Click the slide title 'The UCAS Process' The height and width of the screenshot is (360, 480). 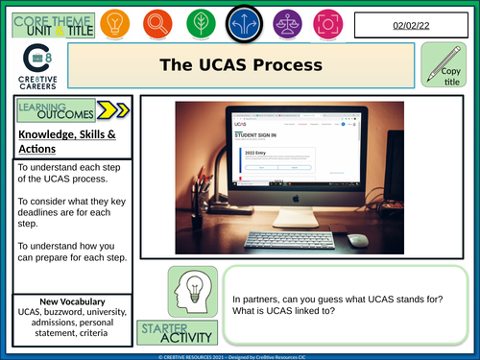240,66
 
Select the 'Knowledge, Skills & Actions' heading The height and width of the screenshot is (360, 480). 67,142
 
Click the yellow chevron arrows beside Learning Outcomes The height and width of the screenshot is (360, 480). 111,112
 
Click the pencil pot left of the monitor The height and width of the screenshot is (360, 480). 200,206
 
